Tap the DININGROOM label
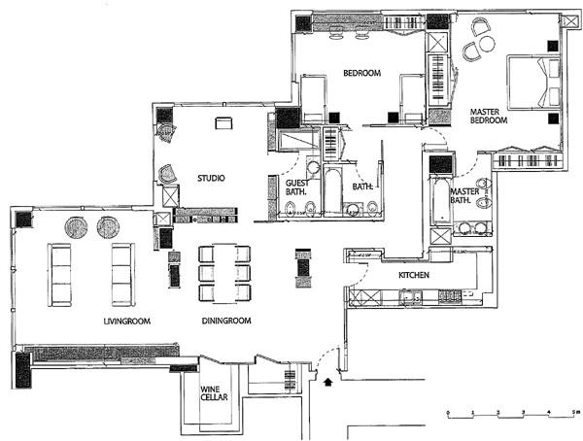click(226, 321)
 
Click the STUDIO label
click(212, 178)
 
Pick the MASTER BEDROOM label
click(489, 116)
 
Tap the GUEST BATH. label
click(296, 188)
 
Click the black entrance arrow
click(326, 385)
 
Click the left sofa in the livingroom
click(60, 274)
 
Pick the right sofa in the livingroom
click(122, 274)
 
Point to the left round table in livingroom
click(76, 228)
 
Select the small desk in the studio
click(224, 122)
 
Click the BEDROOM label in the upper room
click(360, 74)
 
